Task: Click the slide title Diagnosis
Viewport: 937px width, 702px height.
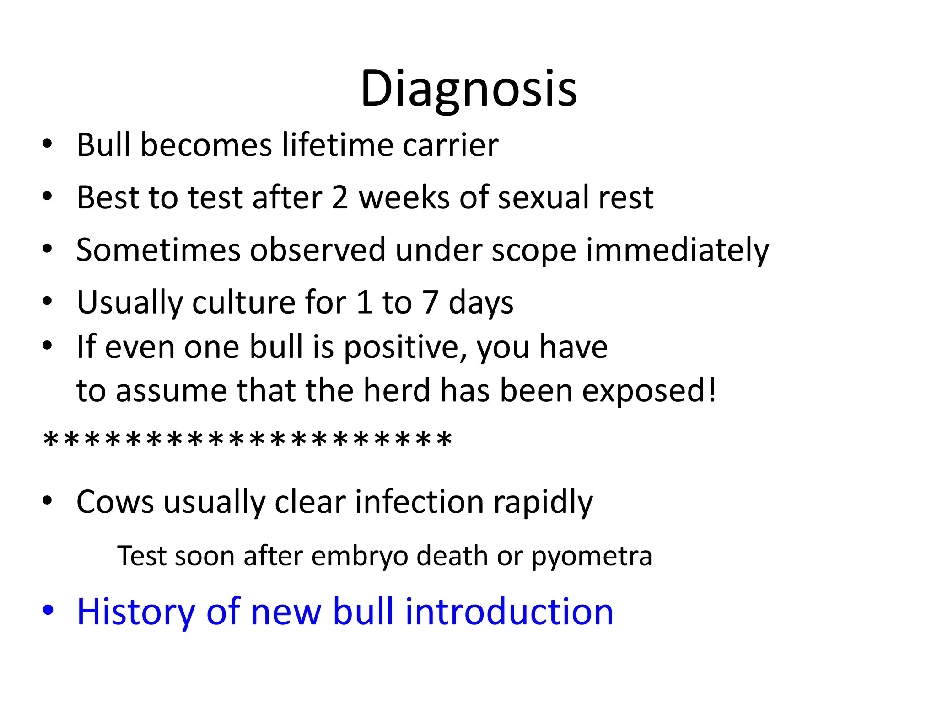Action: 468,89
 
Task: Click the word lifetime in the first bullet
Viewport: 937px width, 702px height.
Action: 337,145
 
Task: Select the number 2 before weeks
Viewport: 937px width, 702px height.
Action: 340,197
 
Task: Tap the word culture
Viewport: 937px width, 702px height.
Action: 244,303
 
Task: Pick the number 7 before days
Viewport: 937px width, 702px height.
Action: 431,303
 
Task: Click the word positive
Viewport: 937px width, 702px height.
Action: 404,347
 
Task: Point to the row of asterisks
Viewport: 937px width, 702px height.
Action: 247,440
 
